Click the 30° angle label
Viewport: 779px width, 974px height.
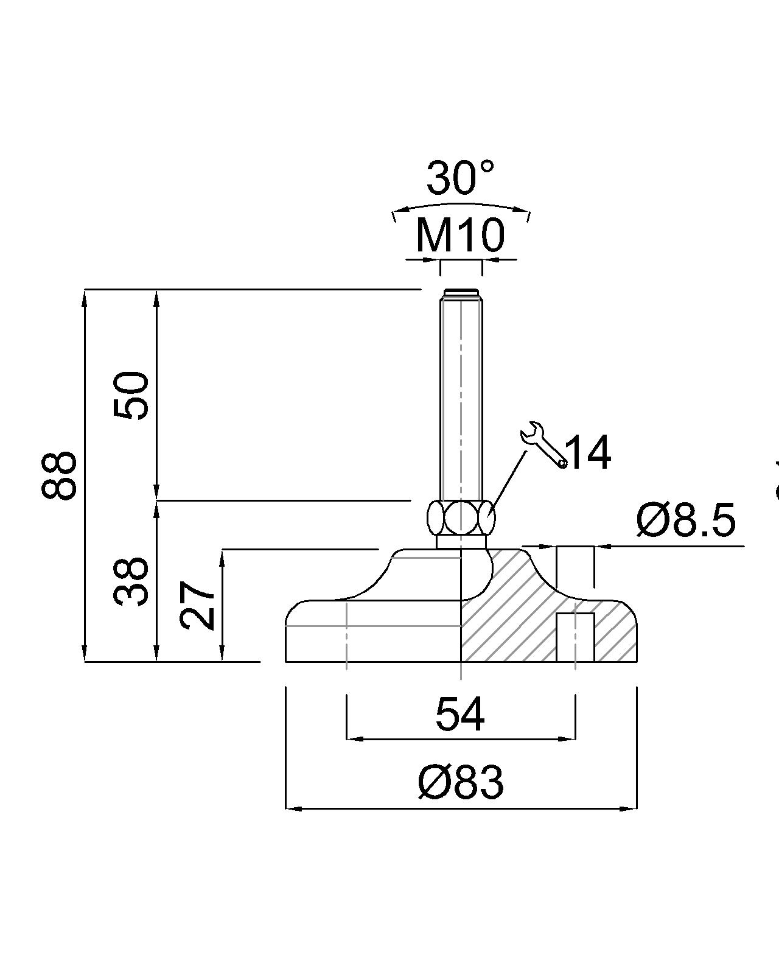click(x=460, y=178)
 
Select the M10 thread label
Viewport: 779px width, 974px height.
click(x=460, y=236)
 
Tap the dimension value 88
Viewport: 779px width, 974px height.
click(x=59, y=475)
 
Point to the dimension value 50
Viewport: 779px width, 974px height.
click(x=131, y=396)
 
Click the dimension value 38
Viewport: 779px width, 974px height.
click(x=131, y=581)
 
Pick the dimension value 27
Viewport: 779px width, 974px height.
click(x=197, y=606)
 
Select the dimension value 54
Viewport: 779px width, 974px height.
click(x=460, y=715)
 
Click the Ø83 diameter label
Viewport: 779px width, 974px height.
click(x=461, y=783)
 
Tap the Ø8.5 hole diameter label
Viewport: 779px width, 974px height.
click(x=686, y=521)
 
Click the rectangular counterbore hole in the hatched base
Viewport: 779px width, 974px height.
click(x=575, y=637)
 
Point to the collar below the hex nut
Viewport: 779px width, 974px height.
click(x=461, y=541)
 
